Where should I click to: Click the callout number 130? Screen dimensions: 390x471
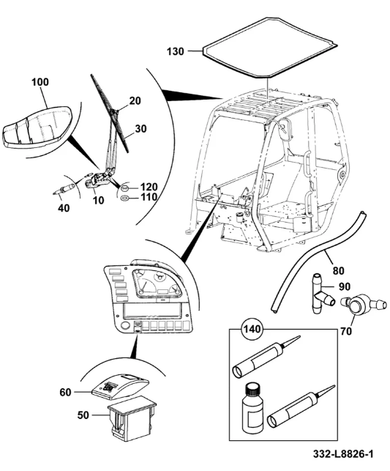176,51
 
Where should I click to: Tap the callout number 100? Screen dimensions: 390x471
40,82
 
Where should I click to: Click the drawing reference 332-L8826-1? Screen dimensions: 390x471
343,454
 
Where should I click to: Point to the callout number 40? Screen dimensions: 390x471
64,207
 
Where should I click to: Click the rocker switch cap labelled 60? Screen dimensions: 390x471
120,387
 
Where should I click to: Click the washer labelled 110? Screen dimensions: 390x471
124,198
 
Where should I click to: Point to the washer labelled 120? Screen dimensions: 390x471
124,189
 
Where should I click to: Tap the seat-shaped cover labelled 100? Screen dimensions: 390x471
37,127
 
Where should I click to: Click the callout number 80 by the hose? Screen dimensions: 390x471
338,270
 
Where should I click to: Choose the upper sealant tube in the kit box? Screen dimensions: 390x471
266,357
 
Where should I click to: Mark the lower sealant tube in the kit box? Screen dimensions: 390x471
301,408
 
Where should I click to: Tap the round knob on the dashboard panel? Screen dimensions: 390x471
124,326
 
